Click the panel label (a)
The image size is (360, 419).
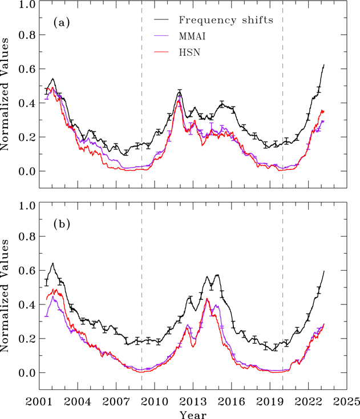point(61,23)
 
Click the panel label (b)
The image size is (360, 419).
point(61,224)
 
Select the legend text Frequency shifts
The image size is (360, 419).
point(226,21)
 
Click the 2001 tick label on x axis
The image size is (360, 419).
point(39,400)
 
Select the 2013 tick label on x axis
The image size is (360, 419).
point(192,400)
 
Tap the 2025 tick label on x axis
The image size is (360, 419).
point(346,400)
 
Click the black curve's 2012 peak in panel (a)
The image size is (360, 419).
point(180,91)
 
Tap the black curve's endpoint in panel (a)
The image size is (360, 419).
point(324,64)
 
